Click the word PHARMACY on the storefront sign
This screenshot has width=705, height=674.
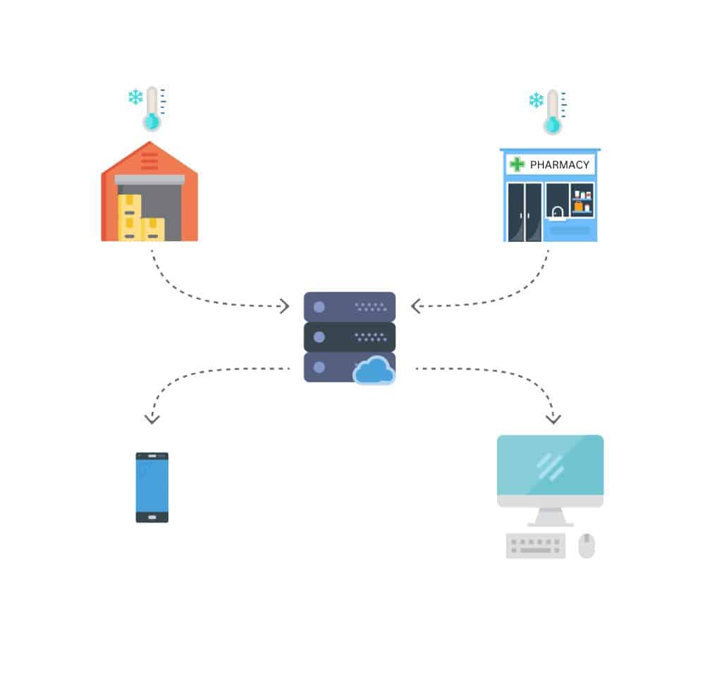point(559,165)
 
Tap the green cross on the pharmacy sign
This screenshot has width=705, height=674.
point(517,164)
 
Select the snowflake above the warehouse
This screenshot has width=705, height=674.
point(135,97)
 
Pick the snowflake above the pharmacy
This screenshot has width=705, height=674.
point(536,100)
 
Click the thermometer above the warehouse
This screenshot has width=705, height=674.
point(152,109)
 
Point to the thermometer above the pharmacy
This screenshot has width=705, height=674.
point(552,113)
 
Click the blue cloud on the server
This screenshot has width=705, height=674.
point(374,371)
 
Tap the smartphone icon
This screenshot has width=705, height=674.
point(152,487)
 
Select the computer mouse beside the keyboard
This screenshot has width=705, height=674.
point(587,546)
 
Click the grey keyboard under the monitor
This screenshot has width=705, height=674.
point(536,546)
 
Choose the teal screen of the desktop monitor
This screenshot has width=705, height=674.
point(550,465)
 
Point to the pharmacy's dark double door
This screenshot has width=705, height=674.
point(525,212)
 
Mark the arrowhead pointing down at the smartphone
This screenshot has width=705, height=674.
point(152,419)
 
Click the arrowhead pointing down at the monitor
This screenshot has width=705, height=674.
point(553,419)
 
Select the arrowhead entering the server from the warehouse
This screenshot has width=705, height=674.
point(284,306)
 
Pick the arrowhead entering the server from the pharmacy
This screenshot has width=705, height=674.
point(416,306)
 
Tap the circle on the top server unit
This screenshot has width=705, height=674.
point(319,307)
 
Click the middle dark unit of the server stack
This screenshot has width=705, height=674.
point(349,337)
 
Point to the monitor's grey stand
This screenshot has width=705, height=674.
point(550,517)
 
